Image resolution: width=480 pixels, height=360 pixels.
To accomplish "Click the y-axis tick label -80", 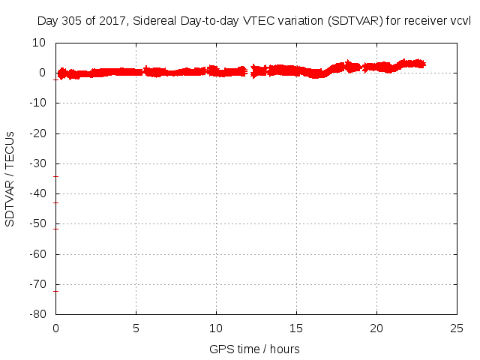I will coord(38,313).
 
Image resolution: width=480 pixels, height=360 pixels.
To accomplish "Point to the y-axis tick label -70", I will coord(38,283).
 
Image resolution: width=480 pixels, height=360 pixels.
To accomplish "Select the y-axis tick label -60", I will coord(38,253).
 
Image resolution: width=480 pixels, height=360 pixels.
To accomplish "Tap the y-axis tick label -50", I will coord(38,223).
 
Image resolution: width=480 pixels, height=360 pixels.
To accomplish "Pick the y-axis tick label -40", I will coord(38,193).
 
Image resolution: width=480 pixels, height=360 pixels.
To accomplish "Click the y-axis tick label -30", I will coord(38,163).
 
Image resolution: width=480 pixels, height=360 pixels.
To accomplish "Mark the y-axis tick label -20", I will coord(38,133).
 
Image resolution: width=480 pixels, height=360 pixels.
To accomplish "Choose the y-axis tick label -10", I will coord(38,103).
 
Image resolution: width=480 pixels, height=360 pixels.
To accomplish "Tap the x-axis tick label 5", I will coord(136,328).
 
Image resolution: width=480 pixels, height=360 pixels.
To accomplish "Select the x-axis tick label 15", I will coord(296,328).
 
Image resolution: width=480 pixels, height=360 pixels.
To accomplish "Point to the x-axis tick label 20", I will coord(376,328).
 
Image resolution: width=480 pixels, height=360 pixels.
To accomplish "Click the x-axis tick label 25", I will coord(457,328).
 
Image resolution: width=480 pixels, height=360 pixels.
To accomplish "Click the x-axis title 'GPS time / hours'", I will coord(255,349).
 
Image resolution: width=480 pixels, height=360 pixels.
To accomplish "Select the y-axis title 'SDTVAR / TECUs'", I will coord(10,178).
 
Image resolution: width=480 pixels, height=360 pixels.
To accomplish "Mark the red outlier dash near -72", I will coord(56,290).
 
